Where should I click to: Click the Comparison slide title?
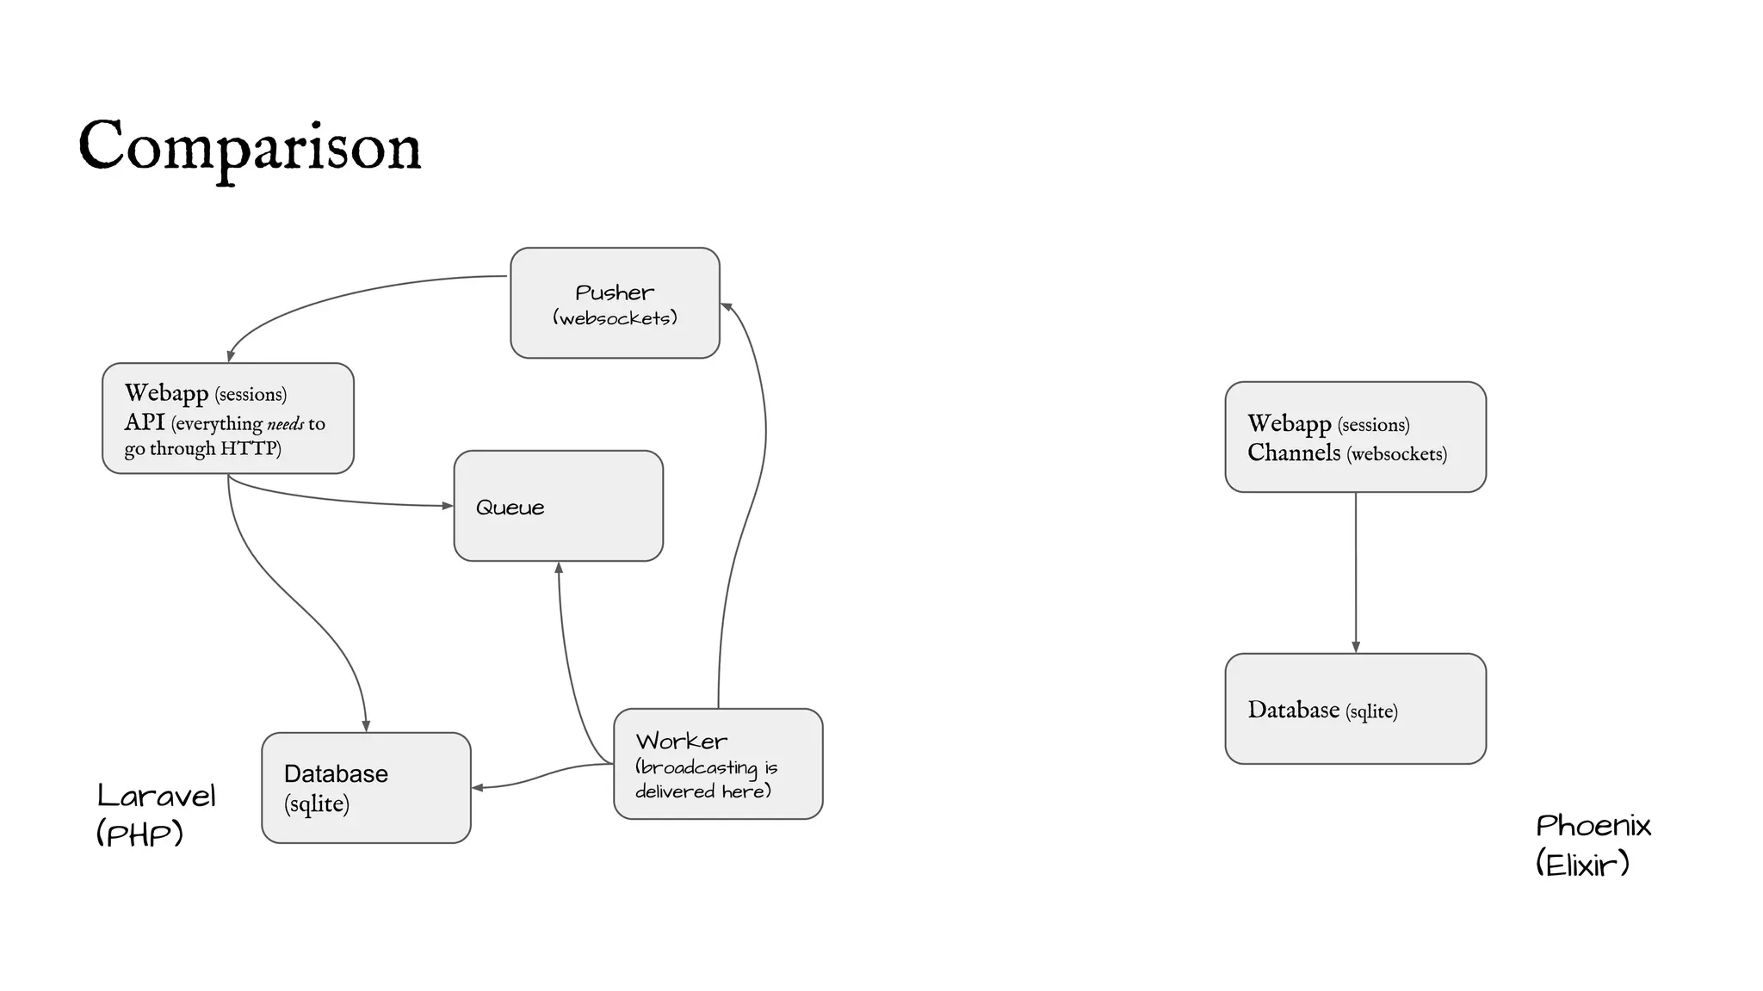pos(250,146)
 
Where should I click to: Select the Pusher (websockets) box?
pos(615,303)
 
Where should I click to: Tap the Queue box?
pos(558,506)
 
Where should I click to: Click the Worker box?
pos(718,764)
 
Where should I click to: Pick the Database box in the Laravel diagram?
pos(366,788)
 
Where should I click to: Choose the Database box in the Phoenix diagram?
pos(1355,709)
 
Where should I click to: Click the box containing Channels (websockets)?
pos(1355,437)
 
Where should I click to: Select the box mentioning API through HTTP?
pos(228,418)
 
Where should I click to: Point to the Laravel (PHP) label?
pos(156,814)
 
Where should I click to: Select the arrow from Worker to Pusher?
pos(758,482)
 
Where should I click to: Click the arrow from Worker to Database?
pos(542,775)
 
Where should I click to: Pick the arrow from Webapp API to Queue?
pos(344,500)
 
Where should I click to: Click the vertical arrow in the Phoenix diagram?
pos(1356,572)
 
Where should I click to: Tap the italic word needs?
pos(285,424)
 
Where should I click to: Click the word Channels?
pos(1294,452)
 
